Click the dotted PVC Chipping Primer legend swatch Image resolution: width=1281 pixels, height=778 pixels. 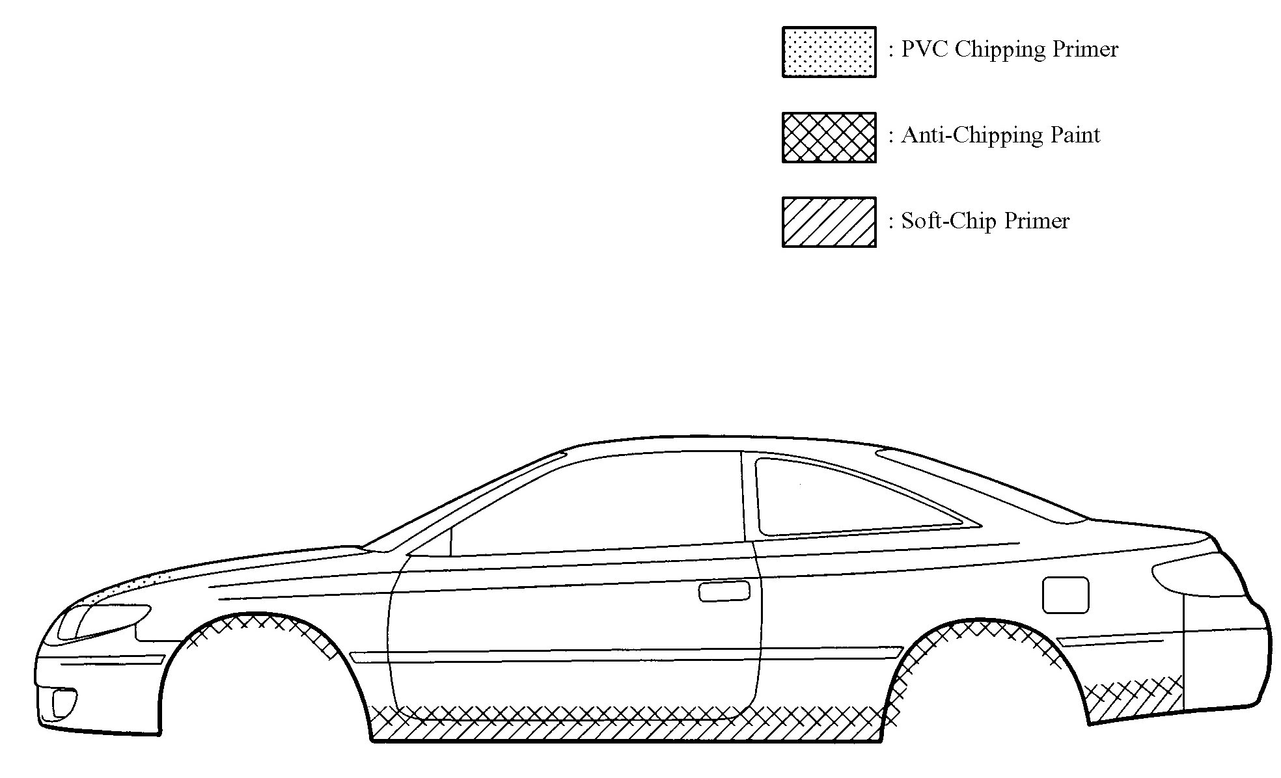(x=829, y=52)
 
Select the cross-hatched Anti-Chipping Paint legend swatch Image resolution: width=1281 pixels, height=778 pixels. (x=829, y=137)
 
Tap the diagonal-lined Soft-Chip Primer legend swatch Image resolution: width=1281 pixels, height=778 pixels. (x=829, y=222)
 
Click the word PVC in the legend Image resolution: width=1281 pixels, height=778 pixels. (x=924, y=49)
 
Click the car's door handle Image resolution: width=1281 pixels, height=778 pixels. (x=723, y=592)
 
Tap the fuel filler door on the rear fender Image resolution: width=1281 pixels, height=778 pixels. (x=1065, y=595)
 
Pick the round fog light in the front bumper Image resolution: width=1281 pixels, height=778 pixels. (x=64, y=703)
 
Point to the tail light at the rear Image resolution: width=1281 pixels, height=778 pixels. (x=1198, y=579)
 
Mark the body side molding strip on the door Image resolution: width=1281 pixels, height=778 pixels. (x=625, y=655)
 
